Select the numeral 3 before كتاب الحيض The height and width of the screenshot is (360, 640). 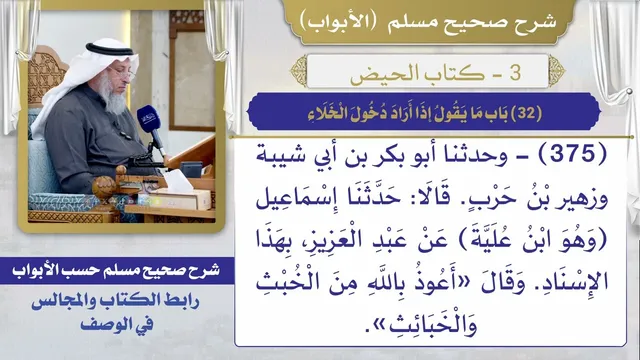click(x=515, y=72)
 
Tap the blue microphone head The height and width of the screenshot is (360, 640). click(x=148, y=119)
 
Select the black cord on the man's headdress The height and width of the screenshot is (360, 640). click(x=109, y=50)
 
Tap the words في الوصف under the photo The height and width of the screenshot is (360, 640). click(x=117, y=324)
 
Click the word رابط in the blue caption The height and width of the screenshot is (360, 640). click(x=180, y=302)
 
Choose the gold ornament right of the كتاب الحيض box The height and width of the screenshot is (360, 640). click(x=557, y=71)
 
